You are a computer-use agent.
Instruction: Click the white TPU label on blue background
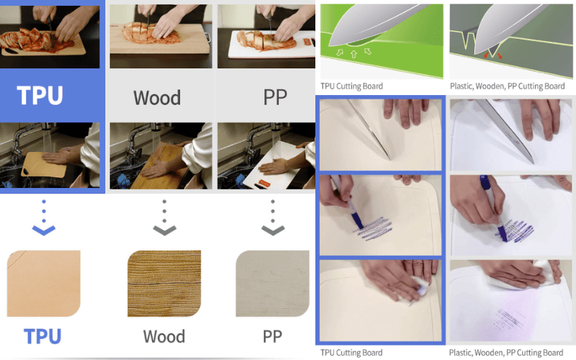(40, 96)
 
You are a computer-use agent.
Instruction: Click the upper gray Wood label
(157, 97)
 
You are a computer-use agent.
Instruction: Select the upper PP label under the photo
(275, 97)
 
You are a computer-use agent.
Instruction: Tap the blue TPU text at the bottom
(42, 336)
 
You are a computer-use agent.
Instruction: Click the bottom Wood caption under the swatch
(163, 336)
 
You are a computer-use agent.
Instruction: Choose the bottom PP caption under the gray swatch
(272, 336)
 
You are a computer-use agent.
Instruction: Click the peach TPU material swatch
(42, 282)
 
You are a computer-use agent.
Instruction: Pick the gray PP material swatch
(272, 282)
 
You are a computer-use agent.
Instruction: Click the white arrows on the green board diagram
(351, 53)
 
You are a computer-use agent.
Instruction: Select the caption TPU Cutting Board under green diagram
(351, 86)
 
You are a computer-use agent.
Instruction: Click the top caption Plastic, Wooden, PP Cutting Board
(507, 86)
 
